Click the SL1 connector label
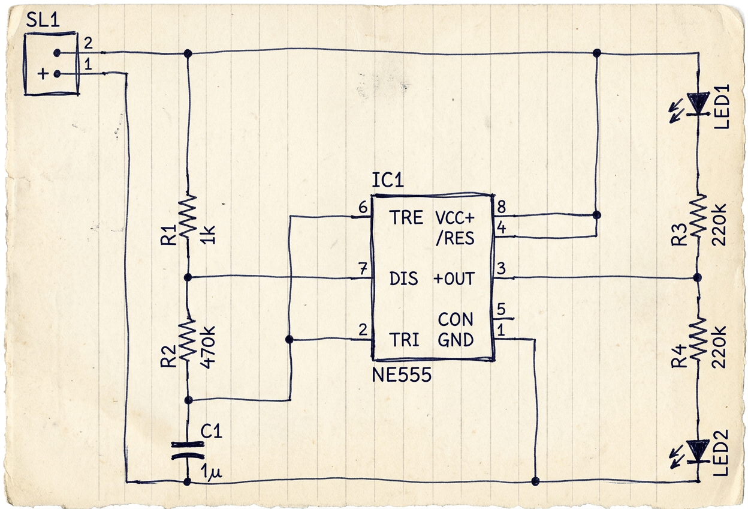[x=43, y=20]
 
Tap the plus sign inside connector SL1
[x=43, y=74]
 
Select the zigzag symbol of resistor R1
[x=188, y=216]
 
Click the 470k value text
[x=208, y=346]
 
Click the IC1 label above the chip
[x=387, y=181]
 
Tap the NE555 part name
[x=402, y=375]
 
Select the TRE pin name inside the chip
[x=406, y=217]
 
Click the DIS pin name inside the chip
[x=403, y=279]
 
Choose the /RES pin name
[x=455, y=238]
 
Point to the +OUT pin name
[x=454, y=279]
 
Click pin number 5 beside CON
[x=501, y=309]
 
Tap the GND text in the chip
[x=456, y=340]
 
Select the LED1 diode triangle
[x=698, y=104]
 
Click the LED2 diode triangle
[x=698, y=451]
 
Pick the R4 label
[x=679, y=357]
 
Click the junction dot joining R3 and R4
[x=697, y=277]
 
